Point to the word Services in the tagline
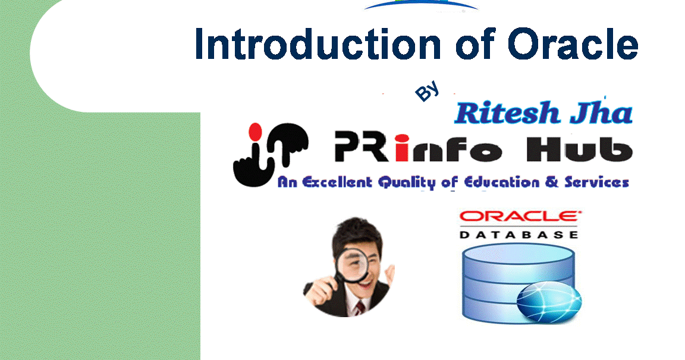point(595,183)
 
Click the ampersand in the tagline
point(552,183)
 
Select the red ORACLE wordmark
point(518,217)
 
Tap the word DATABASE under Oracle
point(519,235)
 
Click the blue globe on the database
point(543,301)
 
